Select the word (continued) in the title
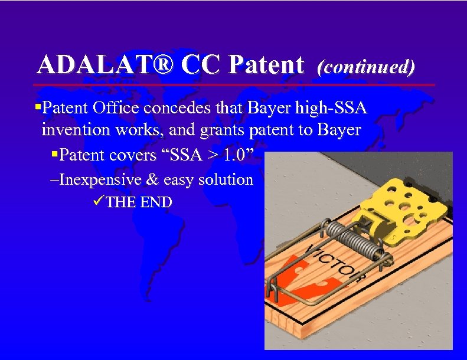(366, 67)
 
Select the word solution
(227, 179)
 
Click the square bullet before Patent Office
(38, 108)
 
